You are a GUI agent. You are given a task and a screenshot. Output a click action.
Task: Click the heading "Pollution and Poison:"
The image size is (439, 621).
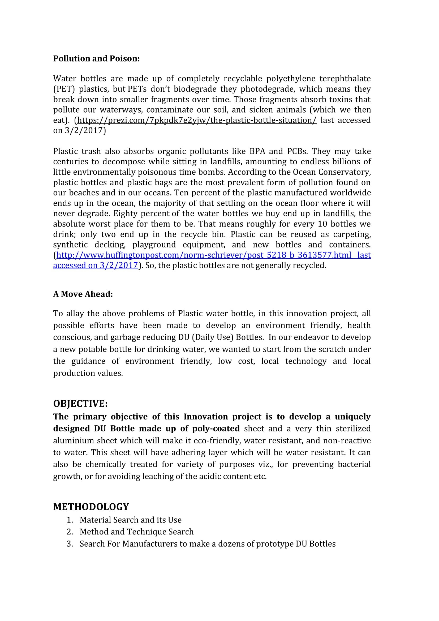(x=96, y=58)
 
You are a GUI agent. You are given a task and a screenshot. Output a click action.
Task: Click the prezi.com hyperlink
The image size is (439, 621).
(x=196, y=120)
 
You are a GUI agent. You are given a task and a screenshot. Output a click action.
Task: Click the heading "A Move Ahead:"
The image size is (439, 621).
(x=83, y=294)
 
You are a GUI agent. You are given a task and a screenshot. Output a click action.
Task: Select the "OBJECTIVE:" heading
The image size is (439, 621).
(x=80, y=404)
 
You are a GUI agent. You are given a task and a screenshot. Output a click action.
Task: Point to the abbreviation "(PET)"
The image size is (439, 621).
(x=64, y=89)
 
